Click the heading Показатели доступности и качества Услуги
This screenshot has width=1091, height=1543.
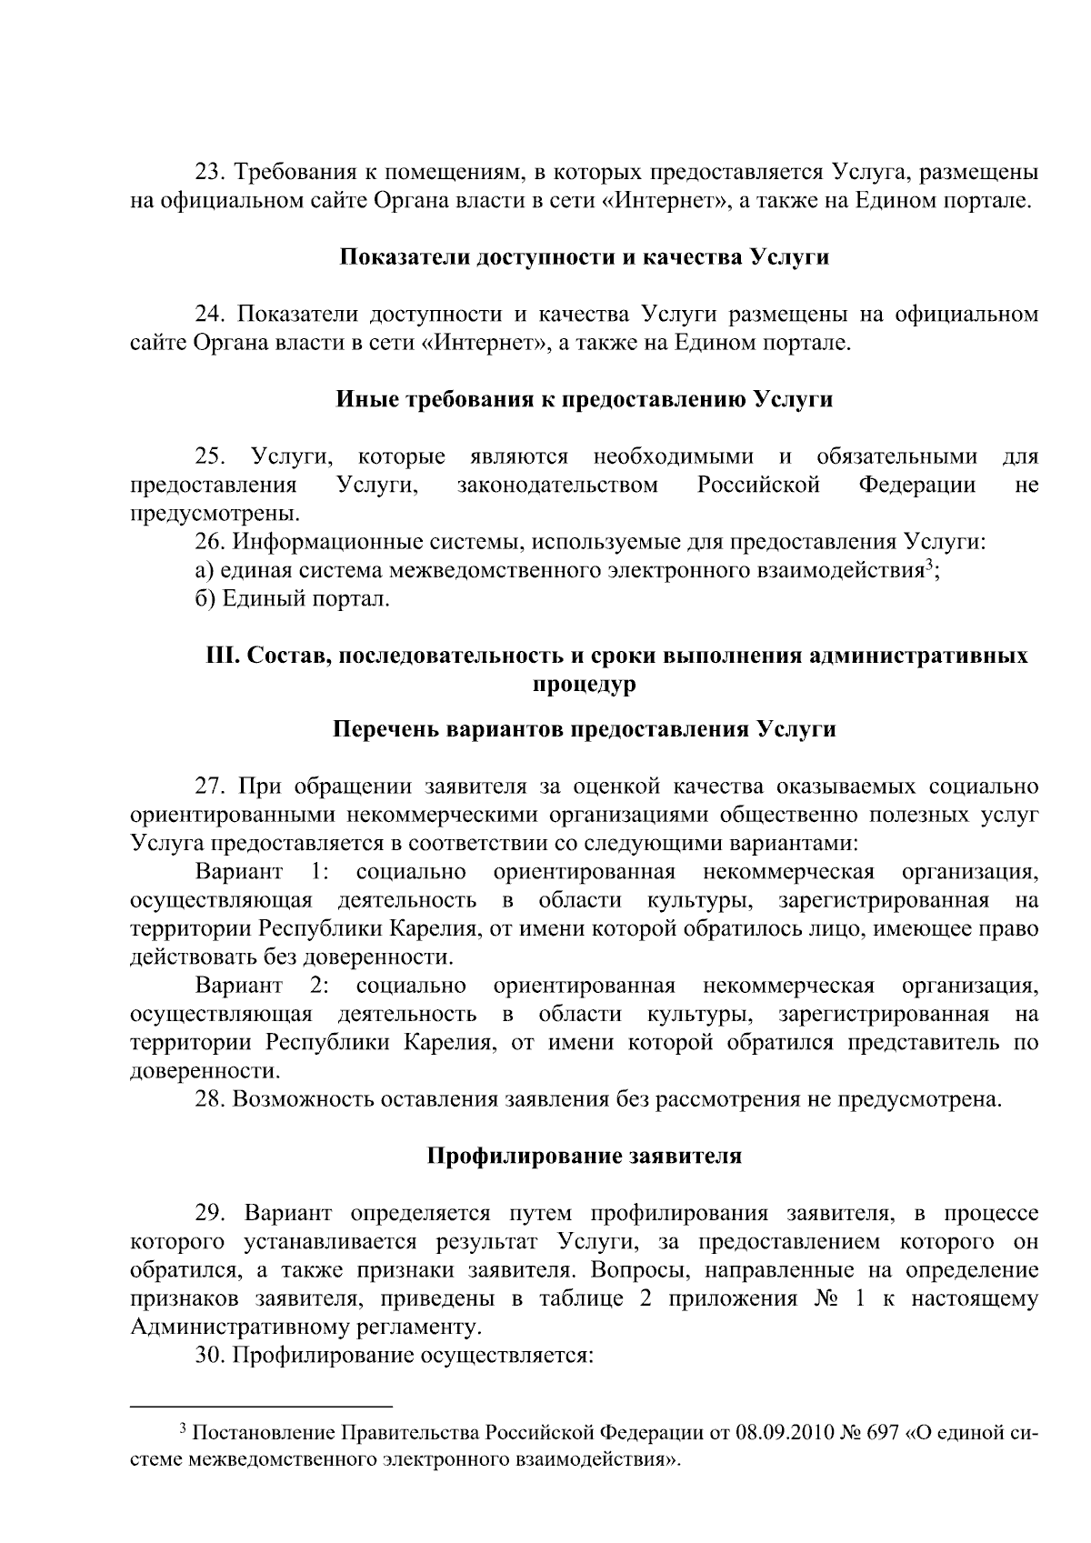pyautogui.click(x=584, y=257)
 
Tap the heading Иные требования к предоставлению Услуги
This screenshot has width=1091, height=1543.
pyautogui.click(x=584, y=399)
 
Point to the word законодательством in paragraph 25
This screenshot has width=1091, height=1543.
pyautogui.click(x=557, y=485)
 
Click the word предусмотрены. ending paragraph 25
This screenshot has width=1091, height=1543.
pyautogui.click(x=215, y=514)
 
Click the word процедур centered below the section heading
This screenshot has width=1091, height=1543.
pyautogui.click(x=584, y=684)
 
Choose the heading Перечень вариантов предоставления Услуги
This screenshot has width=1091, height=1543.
pyautogui.click(x=584, y=729)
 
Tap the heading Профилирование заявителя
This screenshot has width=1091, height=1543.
pyautogui.click(x=584, y=1156)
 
